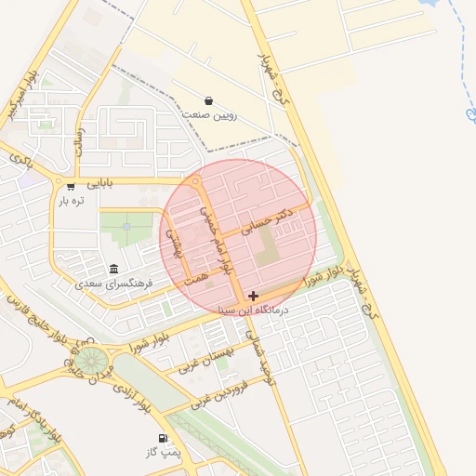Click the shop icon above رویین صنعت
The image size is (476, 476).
(208, 100)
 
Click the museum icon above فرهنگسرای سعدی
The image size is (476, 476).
(113, 268)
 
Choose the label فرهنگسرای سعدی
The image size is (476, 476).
(90, 281)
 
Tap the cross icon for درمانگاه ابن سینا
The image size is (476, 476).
(253, 296)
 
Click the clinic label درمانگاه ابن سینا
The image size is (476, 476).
(253, 310)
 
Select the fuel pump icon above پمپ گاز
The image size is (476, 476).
(164, 437)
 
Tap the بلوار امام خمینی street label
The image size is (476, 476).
(215, 239)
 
